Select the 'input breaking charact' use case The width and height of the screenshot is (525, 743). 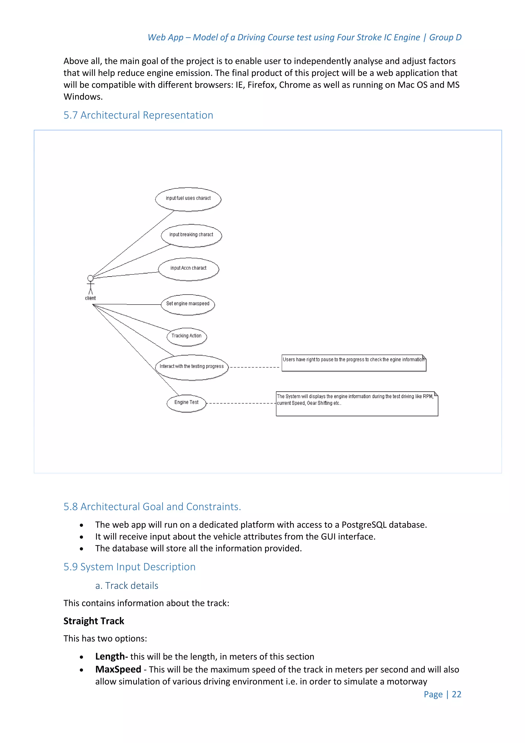point(191,235)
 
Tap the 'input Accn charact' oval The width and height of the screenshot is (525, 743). point(188,269)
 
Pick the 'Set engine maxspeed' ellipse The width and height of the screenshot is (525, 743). point(188,304)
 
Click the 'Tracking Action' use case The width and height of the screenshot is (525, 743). point(187,336)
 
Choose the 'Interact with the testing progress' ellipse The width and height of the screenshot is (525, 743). point(192,367)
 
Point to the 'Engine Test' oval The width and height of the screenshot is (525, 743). point(186,403)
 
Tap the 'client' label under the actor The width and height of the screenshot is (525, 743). point(90,298)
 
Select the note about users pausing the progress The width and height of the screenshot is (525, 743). point(354,363)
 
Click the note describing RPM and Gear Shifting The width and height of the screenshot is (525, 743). point(357,404)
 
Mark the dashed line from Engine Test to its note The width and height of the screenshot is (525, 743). point(241,403)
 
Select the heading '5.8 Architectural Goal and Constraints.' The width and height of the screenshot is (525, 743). point(152,506)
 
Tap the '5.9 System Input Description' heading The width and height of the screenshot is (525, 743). point(129,567)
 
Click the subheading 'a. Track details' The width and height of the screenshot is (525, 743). point(127,585)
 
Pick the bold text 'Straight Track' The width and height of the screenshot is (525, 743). point(94,621)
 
